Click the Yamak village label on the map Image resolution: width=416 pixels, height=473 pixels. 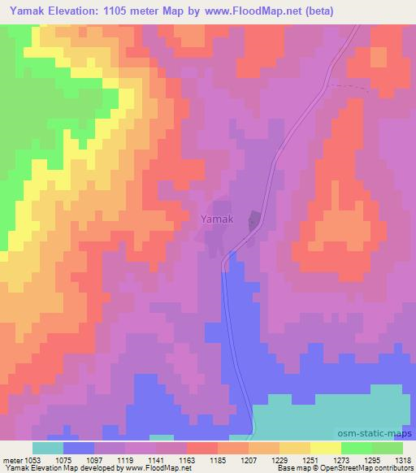tap(217, 219)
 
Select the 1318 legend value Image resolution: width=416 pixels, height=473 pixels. tap(393, 460)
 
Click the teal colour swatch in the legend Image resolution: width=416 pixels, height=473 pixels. tap(47, 448)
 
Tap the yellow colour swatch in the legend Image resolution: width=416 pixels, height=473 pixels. tap(326, 448)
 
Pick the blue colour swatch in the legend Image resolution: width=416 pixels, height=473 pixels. tap(79, 448)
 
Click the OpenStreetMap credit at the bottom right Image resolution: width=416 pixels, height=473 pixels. tap(375, 469)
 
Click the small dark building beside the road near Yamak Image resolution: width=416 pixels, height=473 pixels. tap(252, 220)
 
